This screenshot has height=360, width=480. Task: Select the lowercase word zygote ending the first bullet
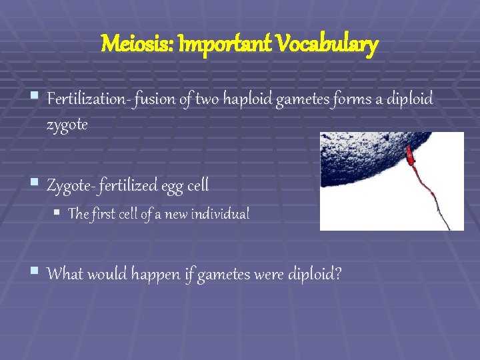[67, 124]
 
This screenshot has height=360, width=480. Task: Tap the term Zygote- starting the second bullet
[70, 185]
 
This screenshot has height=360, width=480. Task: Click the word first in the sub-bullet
[102, 214]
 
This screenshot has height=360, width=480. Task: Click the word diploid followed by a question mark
[314, 273]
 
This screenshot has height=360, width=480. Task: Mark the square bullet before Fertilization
[35, 98]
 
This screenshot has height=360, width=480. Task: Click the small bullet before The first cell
[58, 213]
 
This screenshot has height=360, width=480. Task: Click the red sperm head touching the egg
[409, 158]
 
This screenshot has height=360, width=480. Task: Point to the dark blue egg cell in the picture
[360, 160]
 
